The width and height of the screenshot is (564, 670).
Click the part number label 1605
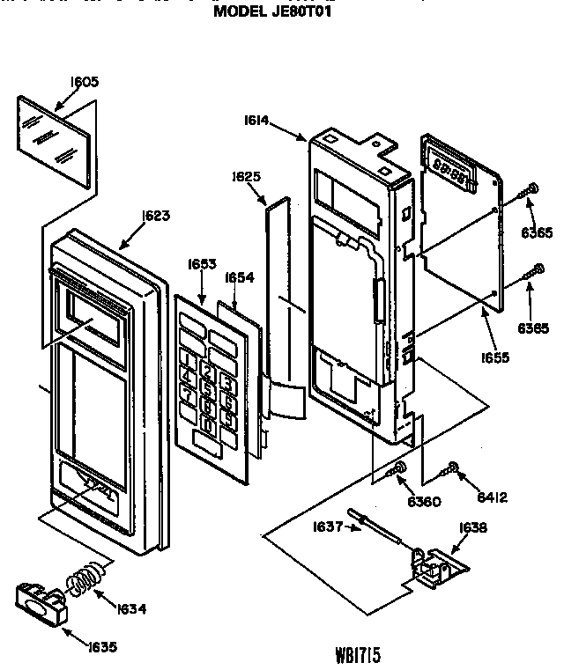pos(85,82)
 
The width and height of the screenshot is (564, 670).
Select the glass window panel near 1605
pos(56,141)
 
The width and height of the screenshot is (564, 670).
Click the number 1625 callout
pos(247,176)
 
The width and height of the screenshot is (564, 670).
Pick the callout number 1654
pos(239,276)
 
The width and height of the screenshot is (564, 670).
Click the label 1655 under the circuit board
pos(496,357)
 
